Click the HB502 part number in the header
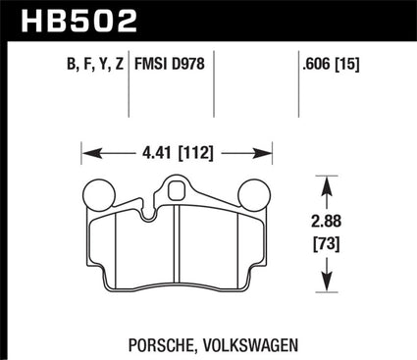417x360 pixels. click(x=78, y=21)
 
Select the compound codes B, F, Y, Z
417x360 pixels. click(x=95, y=64)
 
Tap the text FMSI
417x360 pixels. click(x=151, y=64)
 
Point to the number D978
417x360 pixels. click(x=188, y=64)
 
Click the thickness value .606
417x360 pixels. click(x=316, y=64)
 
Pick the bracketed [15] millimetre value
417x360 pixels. click(x=347, y=64)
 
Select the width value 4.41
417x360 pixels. click(x=156, y=153)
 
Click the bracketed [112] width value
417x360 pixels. click(x=195, y=153)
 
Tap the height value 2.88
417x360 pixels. click(x=327, y=222)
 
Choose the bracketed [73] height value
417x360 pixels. click(x=327, y=244)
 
